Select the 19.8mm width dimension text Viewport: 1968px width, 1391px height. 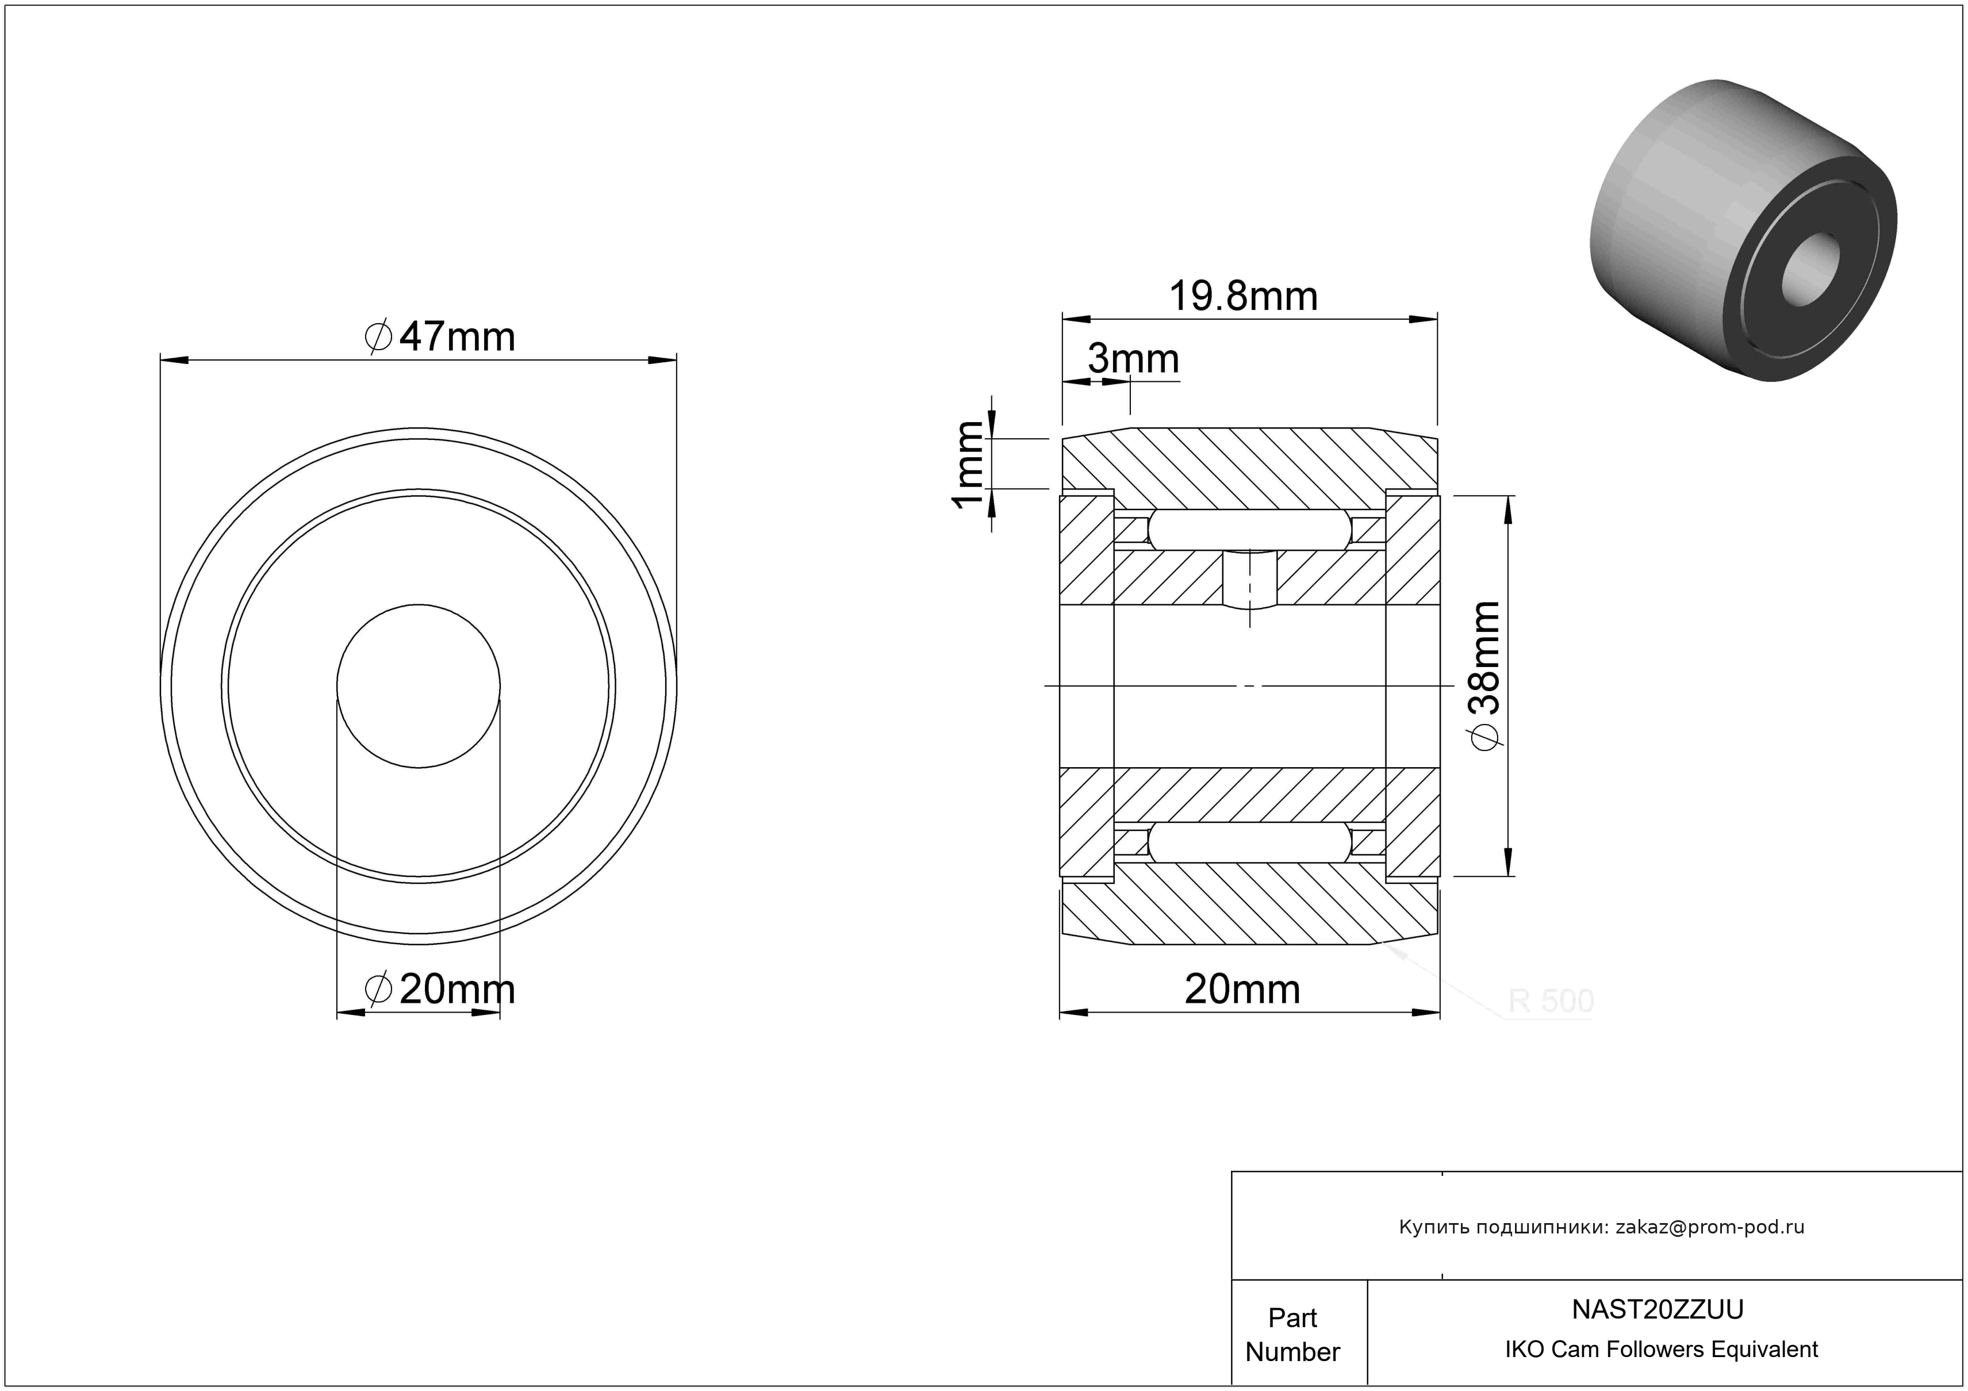coord(1243,297)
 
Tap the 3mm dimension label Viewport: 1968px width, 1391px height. coord(1134,359)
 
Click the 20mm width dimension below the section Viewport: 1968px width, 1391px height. coord(1243,990)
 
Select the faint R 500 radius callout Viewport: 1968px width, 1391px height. coord(1551,1001)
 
